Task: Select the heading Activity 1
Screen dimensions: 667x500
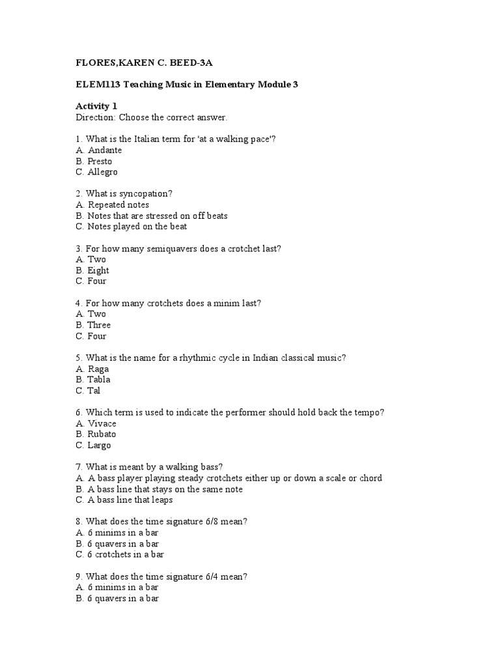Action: click(x=98, y=106)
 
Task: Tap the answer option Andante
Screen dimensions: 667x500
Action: click(x=105, y=150)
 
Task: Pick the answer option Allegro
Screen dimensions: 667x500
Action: click(x=103, y=172)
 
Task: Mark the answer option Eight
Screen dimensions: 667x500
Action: click(x=98, y=270)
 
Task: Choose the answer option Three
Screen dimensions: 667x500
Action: click(x=99, y=325)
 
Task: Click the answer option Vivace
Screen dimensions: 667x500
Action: click(x=102, y=423)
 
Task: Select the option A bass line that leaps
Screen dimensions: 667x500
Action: click(x=130, y=500)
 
